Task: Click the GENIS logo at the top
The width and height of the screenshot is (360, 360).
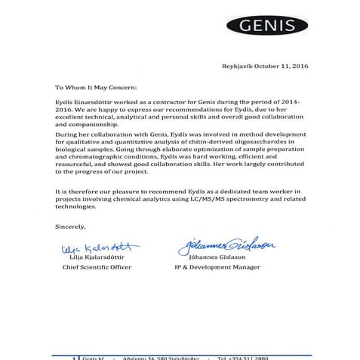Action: point(289,28)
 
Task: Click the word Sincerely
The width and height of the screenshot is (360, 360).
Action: point(71,226)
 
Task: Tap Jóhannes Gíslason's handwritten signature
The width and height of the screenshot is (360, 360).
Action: point(226,245)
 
